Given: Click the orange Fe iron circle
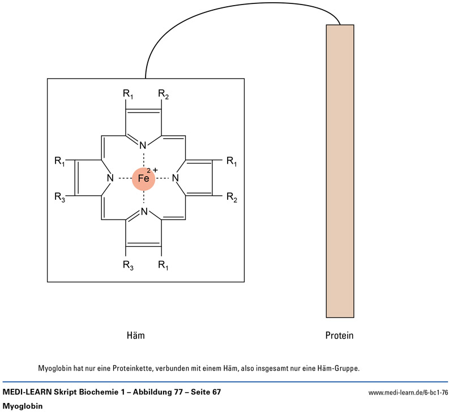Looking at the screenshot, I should tap(144, 179).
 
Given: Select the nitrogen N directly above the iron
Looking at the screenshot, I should tap(144, 145).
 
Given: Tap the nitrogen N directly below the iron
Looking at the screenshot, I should tap(144, 212).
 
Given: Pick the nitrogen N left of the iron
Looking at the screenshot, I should tap(110, 179).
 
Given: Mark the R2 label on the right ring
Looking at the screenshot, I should tap(231, 197).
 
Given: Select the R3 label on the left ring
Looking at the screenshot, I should tap(59, 197).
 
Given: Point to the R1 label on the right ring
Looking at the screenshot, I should tap(231, 162).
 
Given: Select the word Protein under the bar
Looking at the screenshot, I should tap(339, 336).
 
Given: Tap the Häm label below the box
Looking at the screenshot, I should tap(136, 336).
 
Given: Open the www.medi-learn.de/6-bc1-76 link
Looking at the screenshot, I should tap(408, 392).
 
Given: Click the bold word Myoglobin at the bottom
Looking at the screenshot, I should tap(23, 406).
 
